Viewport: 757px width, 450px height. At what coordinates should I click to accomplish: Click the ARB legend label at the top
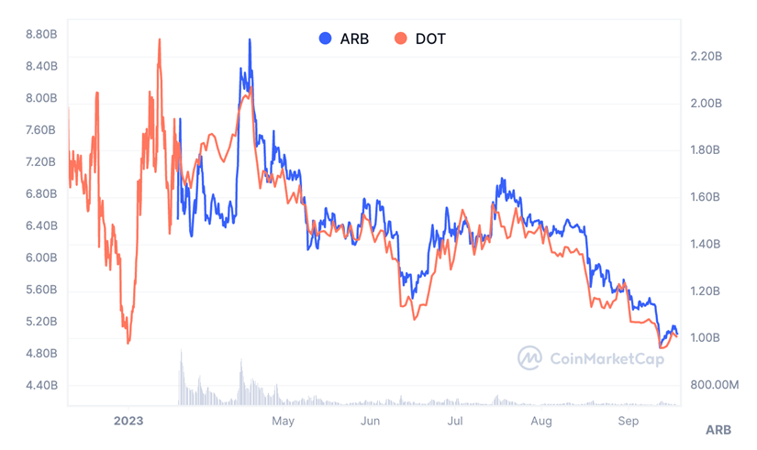click(x=354, y=38)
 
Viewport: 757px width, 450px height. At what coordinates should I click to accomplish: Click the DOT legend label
click(x=430, y=38)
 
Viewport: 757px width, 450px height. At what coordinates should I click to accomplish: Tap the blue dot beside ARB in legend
click(x=326, y=38)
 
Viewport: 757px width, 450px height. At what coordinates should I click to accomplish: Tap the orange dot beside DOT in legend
click(x=401, y=38)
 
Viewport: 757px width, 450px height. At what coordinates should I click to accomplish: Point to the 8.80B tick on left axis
click(x=41, y=34)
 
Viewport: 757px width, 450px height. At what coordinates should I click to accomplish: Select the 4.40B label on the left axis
click(x=41, y=386)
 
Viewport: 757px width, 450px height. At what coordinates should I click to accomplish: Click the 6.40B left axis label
click(x=41, y=225)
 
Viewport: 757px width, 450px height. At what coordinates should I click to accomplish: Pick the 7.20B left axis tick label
click(x=41, y=162)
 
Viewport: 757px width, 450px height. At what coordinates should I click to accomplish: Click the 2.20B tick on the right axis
click(x=706, y=56)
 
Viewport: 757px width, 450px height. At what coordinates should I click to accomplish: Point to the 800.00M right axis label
click(x=713, y=385)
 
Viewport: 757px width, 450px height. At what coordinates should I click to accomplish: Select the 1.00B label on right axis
click(x=706, y=338)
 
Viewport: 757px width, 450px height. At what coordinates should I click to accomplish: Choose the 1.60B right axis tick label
click(x=706, y=197)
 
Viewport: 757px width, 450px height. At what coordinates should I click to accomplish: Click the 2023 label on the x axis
click(x=128, y=421)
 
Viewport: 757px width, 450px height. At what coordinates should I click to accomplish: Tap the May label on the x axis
click(x=284, y=421)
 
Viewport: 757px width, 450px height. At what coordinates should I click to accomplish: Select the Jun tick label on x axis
click(x=370, y=421)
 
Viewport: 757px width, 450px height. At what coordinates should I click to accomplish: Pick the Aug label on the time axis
click(x=541, y=421)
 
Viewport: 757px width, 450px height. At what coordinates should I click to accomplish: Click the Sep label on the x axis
click(x=628, y=421)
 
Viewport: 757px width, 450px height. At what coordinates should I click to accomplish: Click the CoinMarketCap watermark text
click(x=607, y=357)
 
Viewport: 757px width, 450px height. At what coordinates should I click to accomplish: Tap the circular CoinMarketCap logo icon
click(x=529, y=357)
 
